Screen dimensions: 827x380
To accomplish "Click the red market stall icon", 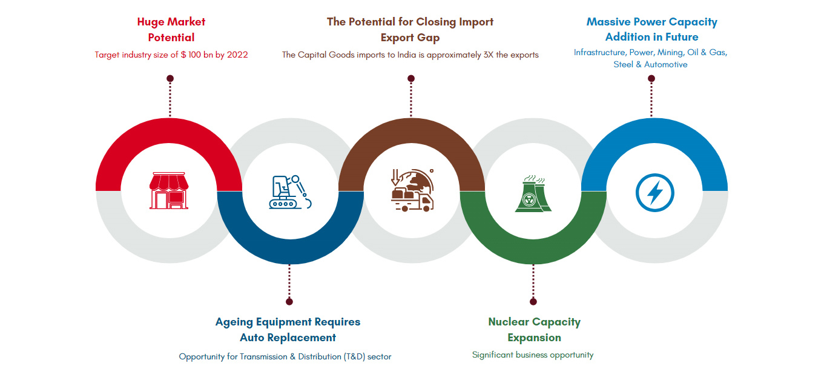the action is click(x=169, y=191).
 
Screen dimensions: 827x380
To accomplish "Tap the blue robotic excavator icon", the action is click(x=290, y=192).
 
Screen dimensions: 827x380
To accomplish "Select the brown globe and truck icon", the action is click(x=412, y=190).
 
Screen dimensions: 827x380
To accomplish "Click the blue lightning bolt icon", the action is click(x=654, y=193).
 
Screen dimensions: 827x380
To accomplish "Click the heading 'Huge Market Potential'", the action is click(x=171, y=30).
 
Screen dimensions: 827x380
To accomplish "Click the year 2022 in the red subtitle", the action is click(x=237, y=55).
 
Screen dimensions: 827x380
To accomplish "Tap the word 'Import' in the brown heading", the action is click(x=476, y=22).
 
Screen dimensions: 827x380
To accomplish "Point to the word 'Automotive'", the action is click(x=666, y=64).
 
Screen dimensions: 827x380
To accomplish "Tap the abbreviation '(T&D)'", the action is click(x=354, y=357).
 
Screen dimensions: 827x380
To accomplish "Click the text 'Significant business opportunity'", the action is click(x=533, y=355).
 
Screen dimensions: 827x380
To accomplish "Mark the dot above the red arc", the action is click(x=170, y=78).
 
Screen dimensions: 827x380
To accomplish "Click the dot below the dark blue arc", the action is click(x=289, y=302).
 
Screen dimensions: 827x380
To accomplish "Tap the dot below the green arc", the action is click(x=533, y=302).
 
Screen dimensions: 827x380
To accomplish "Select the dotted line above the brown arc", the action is click(x=411, y=99).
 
